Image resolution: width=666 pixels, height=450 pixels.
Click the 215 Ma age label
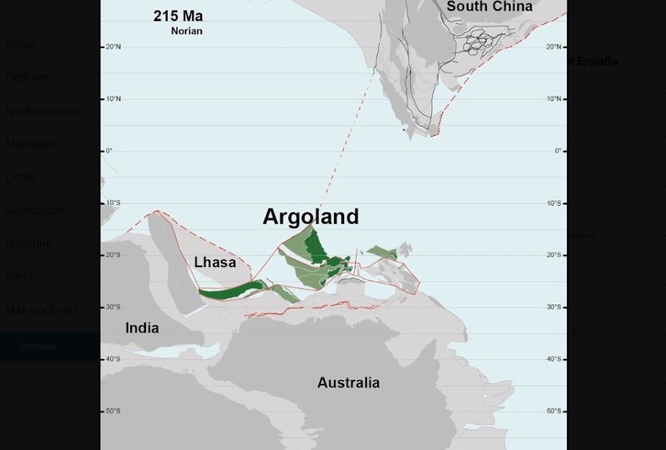click(178, 17)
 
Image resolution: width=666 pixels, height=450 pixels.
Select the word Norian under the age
click(186, 31)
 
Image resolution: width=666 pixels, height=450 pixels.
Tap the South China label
click(489, 7)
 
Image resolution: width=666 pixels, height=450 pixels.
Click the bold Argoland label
click(310, 217)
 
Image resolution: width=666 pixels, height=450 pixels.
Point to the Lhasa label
click(215, 263)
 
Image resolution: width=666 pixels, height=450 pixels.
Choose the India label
click(142, 328)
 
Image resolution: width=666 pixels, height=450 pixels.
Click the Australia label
click(348, 383)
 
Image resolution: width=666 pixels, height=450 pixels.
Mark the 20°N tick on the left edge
click(113, 47)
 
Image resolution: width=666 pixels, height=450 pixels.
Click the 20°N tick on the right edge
click(553, 47)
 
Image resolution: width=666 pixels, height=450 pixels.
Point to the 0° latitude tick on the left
click(109, 151)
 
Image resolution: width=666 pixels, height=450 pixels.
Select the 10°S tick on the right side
click(553, 203)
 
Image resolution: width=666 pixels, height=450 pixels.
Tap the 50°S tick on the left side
click(112, 411)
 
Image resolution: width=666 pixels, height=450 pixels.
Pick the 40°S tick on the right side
click(553, 359)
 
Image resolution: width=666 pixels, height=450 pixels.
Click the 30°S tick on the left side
click(112, 307)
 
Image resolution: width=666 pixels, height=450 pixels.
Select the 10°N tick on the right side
click(553, 99)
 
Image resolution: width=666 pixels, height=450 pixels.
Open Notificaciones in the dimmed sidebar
click(43, 111)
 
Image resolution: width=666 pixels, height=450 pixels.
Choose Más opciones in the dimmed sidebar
click(41, 310)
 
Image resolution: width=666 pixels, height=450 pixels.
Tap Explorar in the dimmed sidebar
click(27, 77)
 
